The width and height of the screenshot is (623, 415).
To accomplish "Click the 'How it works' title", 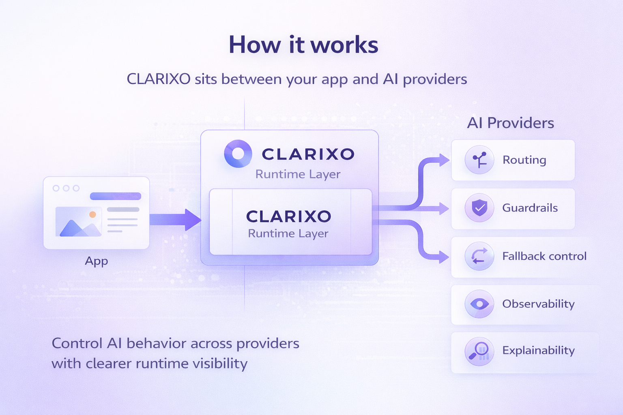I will point(303,45).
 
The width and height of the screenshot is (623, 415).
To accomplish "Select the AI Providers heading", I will point(510,123).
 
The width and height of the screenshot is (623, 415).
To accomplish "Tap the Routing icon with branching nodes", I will point(479,160).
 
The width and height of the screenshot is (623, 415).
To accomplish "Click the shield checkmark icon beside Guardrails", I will point(479,208).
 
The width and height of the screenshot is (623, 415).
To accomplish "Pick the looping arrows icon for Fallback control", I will point(479,256).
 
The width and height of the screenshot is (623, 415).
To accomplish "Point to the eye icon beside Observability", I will point(479,304).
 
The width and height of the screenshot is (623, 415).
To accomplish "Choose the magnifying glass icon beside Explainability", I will point(479,351).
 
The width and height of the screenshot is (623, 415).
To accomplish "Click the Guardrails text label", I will point(530,208).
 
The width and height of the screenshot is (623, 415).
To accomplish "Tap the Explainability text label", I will point(538,350).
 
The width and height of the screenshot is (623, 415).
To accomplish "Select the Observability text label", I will point(538,304).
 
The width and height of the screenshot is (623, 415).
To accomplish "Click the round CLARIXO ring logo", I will point(238,154).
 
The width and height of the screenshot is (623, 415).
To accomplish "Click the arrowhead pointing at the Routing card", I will point(444,160).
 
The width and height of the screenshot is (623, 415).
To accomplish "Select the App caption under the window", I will point(97,261).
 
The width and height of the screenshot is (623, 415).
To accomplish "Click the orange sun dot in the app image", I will point(92,214).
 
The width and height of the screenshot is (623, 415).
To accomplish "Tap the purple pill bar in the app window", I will point(116,196).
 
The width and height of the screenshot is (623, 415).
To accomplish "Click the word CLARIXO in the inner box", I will point(289,216).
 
